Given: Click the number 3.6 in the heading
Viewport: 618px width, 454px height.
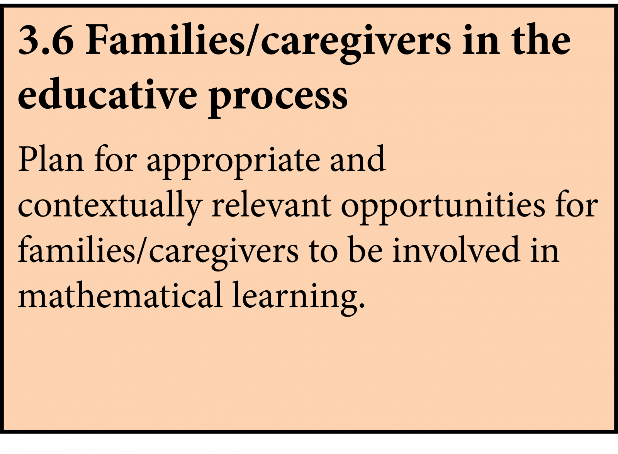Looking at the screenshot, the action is tap(46, 39).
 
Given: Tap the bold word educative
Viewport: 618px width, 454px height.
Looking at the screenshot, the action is tap(108, 94).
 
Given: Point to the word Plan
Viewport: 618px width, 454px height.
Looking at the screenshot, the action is tap(51, 159).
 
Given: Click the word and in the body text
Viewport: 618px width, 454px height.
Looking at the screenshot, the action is tap(358, 158).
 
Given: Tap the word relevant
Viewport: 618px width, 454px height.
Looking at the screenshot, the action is tap(272, 204).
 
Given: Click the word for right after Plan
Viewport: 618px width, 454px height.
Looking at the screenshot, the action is tap(115, 158).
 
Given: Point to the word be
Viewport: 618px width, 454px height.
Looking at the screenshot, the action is tap(365, 249).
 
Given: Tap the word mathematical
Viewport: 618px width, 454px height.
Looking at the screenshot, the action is tap(120, 294).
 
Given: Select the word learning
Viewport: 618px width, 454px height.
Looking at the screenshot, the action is tap(295, 298).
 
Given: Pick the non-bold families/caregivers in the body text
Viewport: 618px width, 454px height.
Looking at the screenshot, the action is tap(158, 252).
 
